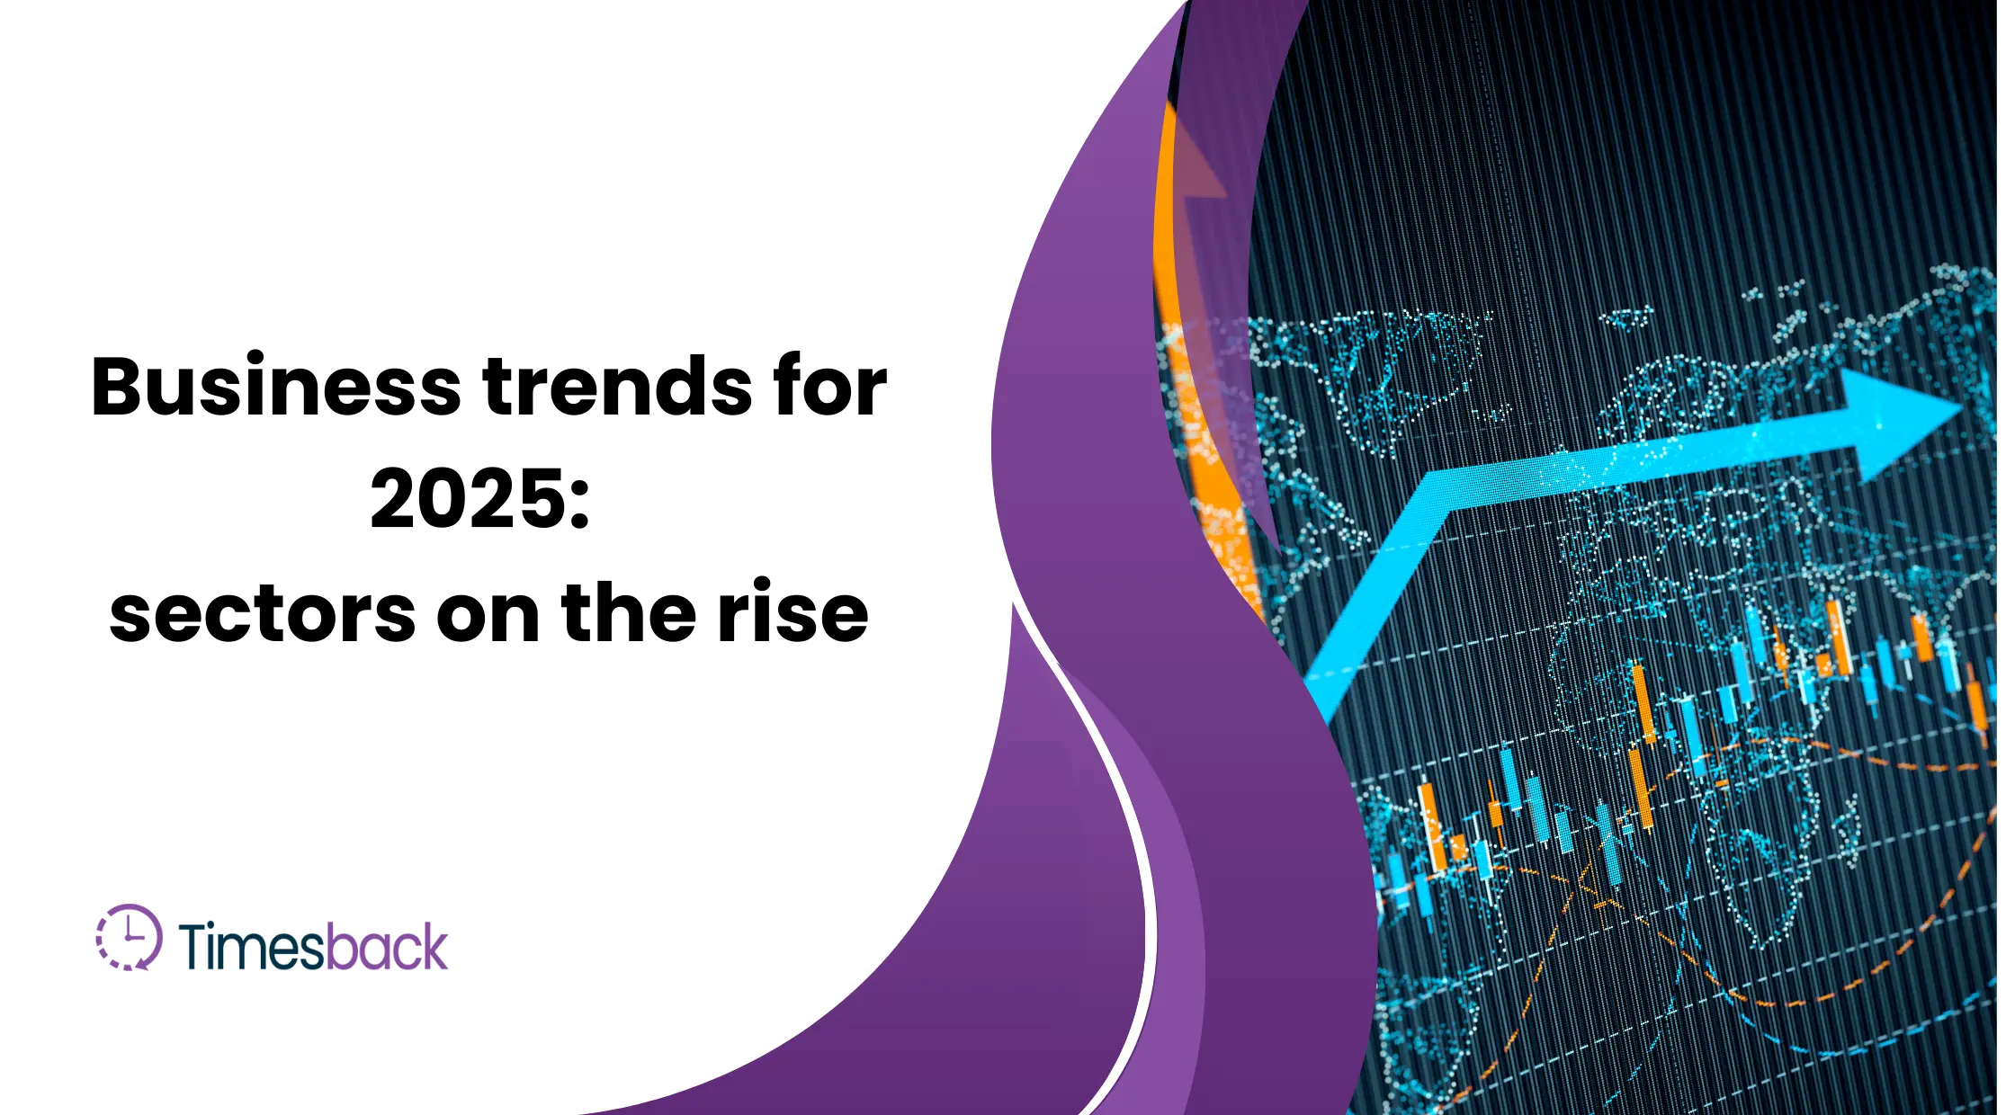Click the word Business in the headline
pos(275,387)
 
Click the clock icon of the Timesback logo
pos(130,938)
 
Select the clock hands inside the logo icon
pos(131,932)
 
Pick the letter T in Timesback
pos(195,946)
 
